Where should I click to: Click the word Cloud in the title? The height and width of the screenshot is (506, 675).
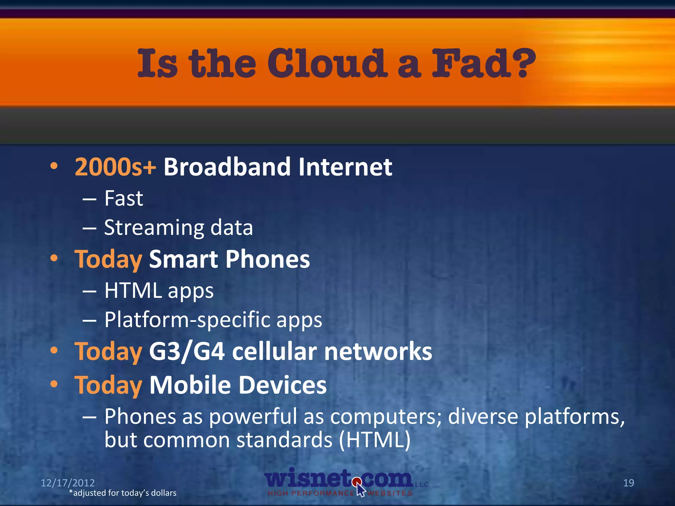[x=326, y=63]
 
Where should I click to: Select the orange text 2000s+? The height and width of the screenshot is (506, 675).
[x=115, y=167]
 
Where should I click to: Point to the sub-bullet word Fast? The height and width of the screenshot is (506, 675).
[x=124, y=199]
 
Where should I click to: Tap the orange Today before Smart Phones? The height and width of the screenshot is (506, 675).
[x=108, y=260]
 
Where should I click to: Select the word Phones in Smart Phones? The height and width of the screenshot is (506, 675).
[x=268, y=260]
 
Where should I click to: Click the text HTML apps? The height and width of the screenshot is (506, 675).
[x=159, y=291]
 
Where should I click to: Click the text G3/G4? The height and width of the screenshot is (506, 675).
[x=187, y=352]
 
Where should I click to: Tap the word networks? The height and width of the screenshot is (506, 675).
[x=378, y=352]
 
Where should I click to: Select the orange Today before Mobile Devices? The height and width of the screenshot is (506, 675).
[x=108, y=385]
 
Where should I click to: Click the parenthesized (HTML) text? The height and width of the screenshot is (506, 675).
[x=375, y=440]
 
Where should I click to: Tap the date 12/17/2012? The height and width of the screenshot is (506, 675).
[x=68, y=483]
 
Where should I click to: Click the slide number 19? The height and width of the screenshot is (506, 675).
[x=629, y=483]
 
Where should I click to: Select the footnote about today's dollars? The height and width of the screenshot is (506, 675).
[x=123, y=493]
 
